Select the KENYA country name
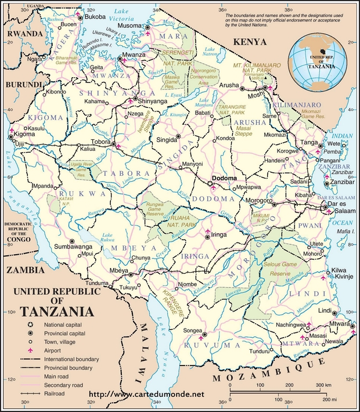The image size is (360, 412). pyautogui.click(x=249, y=42)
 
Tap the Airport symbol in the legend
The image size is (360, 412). pyautogui.click(x=30, y=352)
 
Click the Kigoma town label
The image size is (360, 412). pyautogui.click(x=24, y=133)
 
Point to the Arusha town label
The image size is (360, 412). pyautogui.click(x=229, y=86)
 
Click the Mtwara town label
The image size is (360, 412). pyautogui.click(x=340, y=323)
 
